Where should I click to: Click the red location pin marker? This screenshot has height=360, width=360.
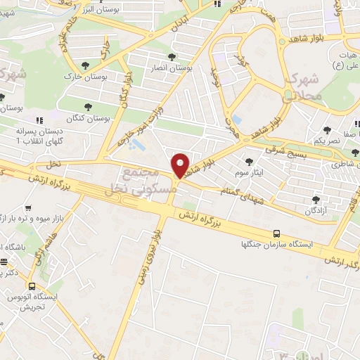[x=181, y=166]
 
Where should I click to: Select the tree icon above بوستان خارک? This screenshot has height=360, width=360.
[x=86, y=65]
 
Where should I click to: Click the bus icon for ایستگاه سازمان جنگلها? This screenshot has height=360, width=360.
[x=276, y=234]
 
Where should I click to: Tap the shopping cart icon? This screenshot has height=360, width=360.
[x=28, y=208]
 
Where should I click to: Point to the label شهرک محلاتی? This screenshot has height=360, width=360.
[x=304, y=86]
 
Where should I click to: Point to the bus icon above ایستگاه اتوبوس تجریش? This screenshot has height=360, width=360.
[x=32, y=286]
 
